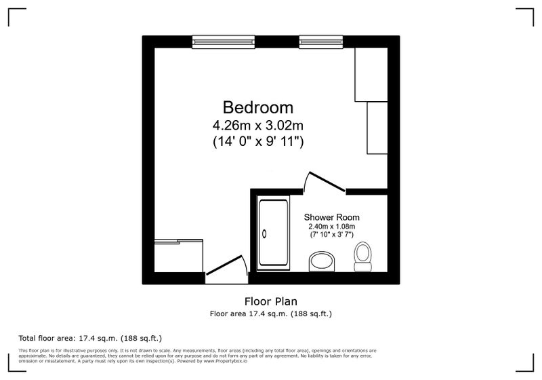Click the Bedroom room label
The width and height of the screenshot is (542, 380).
(258, 107)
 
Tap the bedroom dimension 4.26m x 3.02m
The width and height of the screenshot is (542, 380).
(258, 126)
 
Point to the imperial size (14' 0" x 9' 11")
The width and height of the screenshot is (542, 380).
(258, 142)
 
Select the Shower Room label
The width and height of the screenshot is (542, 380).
(331, 217)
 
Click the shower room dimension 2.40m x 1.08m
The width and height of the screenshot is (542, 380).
(332, 227)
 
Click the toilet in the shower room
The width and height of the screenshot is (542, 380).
(362, 256)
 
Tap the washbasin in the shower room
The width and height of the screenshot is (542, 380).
(322, 262)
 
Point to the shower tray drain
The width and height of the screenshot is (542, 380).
(264, 233)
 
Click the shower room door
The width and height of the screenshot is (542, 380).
(327, 181)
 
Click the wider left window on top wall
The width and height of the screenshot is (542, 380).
(224, 42)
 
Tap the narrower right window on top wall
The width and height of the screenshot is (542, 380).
(321, 42)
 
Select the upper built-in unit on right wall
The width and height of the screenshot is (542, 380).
(371, 75)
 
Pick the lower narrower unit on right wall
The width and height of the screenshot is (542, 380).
(377, 128)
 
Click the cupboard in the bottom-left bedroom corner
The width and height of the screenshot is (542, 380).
(178, 255)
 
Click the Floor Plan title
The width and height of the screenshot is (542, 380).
(270, 301)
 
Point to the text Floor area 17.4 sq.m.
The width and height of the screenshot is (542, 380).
(249, 314)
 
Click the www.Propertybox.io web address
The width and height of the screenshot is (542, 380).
(226, 361)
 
